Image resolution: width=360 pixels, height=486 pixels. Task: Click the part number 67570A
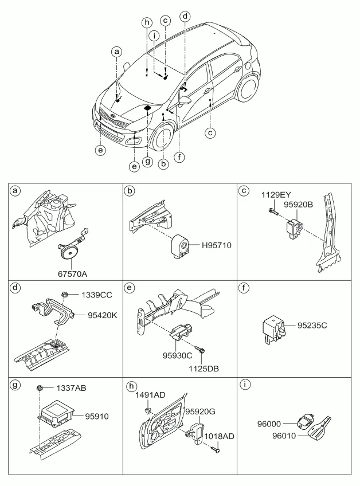pos(72,274)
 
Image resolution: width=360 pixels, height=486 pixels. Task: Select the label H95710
pos(217,245)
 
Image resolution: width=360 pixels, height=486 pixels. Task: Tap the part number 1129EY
pos(276,195)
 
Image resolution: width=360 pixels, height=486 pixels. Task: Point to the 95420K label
pos(103,316)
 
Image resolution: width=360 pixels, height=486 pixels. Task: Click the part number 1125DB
pos(204,369)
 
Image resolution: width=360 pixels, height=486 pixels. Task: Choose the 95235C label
pos(312,326)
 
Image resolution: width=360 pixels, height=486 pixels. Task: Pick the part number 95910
pos(97,416)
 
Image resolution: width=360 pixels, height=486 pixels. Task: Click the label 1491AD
pos(150,395)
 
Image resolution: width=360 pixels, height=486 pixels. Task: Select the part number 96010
pos(284,436)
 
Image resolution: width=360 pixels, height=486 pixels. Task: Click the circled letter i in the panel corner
pos(245,385)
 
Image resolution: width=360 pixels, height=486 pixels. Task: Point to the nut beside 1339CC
pos(65,294)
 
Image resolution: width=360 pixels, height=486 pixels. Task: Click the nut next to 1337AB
pos(40,387)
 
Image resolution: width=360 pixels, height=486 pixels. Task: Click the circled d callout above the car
pos(185,16)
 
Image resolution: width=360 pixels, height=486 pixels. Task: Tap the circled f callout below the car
pos(179,157)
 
